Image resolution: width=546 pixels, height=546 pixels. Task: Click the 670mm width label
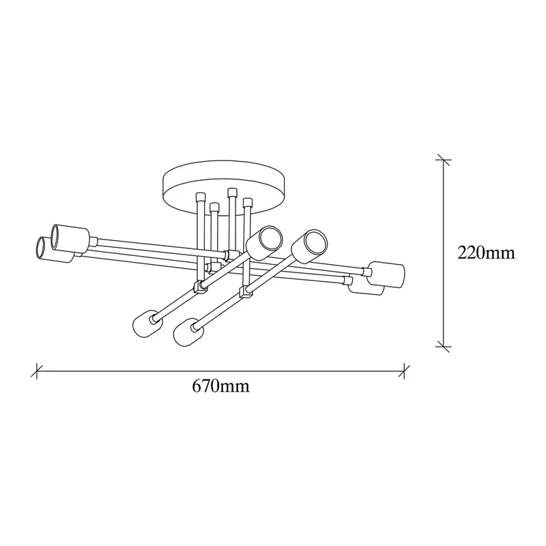pyautogui.click(x=220, y=386)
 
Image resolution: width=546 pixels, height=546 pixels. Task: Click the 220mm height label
pyautogui.click(x=486, y=253)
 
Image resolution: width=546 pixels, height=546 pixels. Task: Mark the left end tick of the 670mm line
pyautogui.click(x=37, y=371)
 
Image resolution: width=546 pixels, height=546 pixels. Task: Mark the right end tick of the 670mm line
pyautogui.click(x=404, y=371)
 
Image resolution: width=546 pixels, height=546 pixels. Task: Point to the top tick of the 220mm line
pyautogui.click(x=443, y=160)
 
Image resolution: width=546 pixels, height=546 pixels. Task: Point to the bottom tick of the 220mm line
pyautogui.click(x=443, y=347)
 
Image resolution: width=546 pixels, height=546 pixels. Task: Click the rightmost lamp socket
pyautogui.click(x=387, y=274)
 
